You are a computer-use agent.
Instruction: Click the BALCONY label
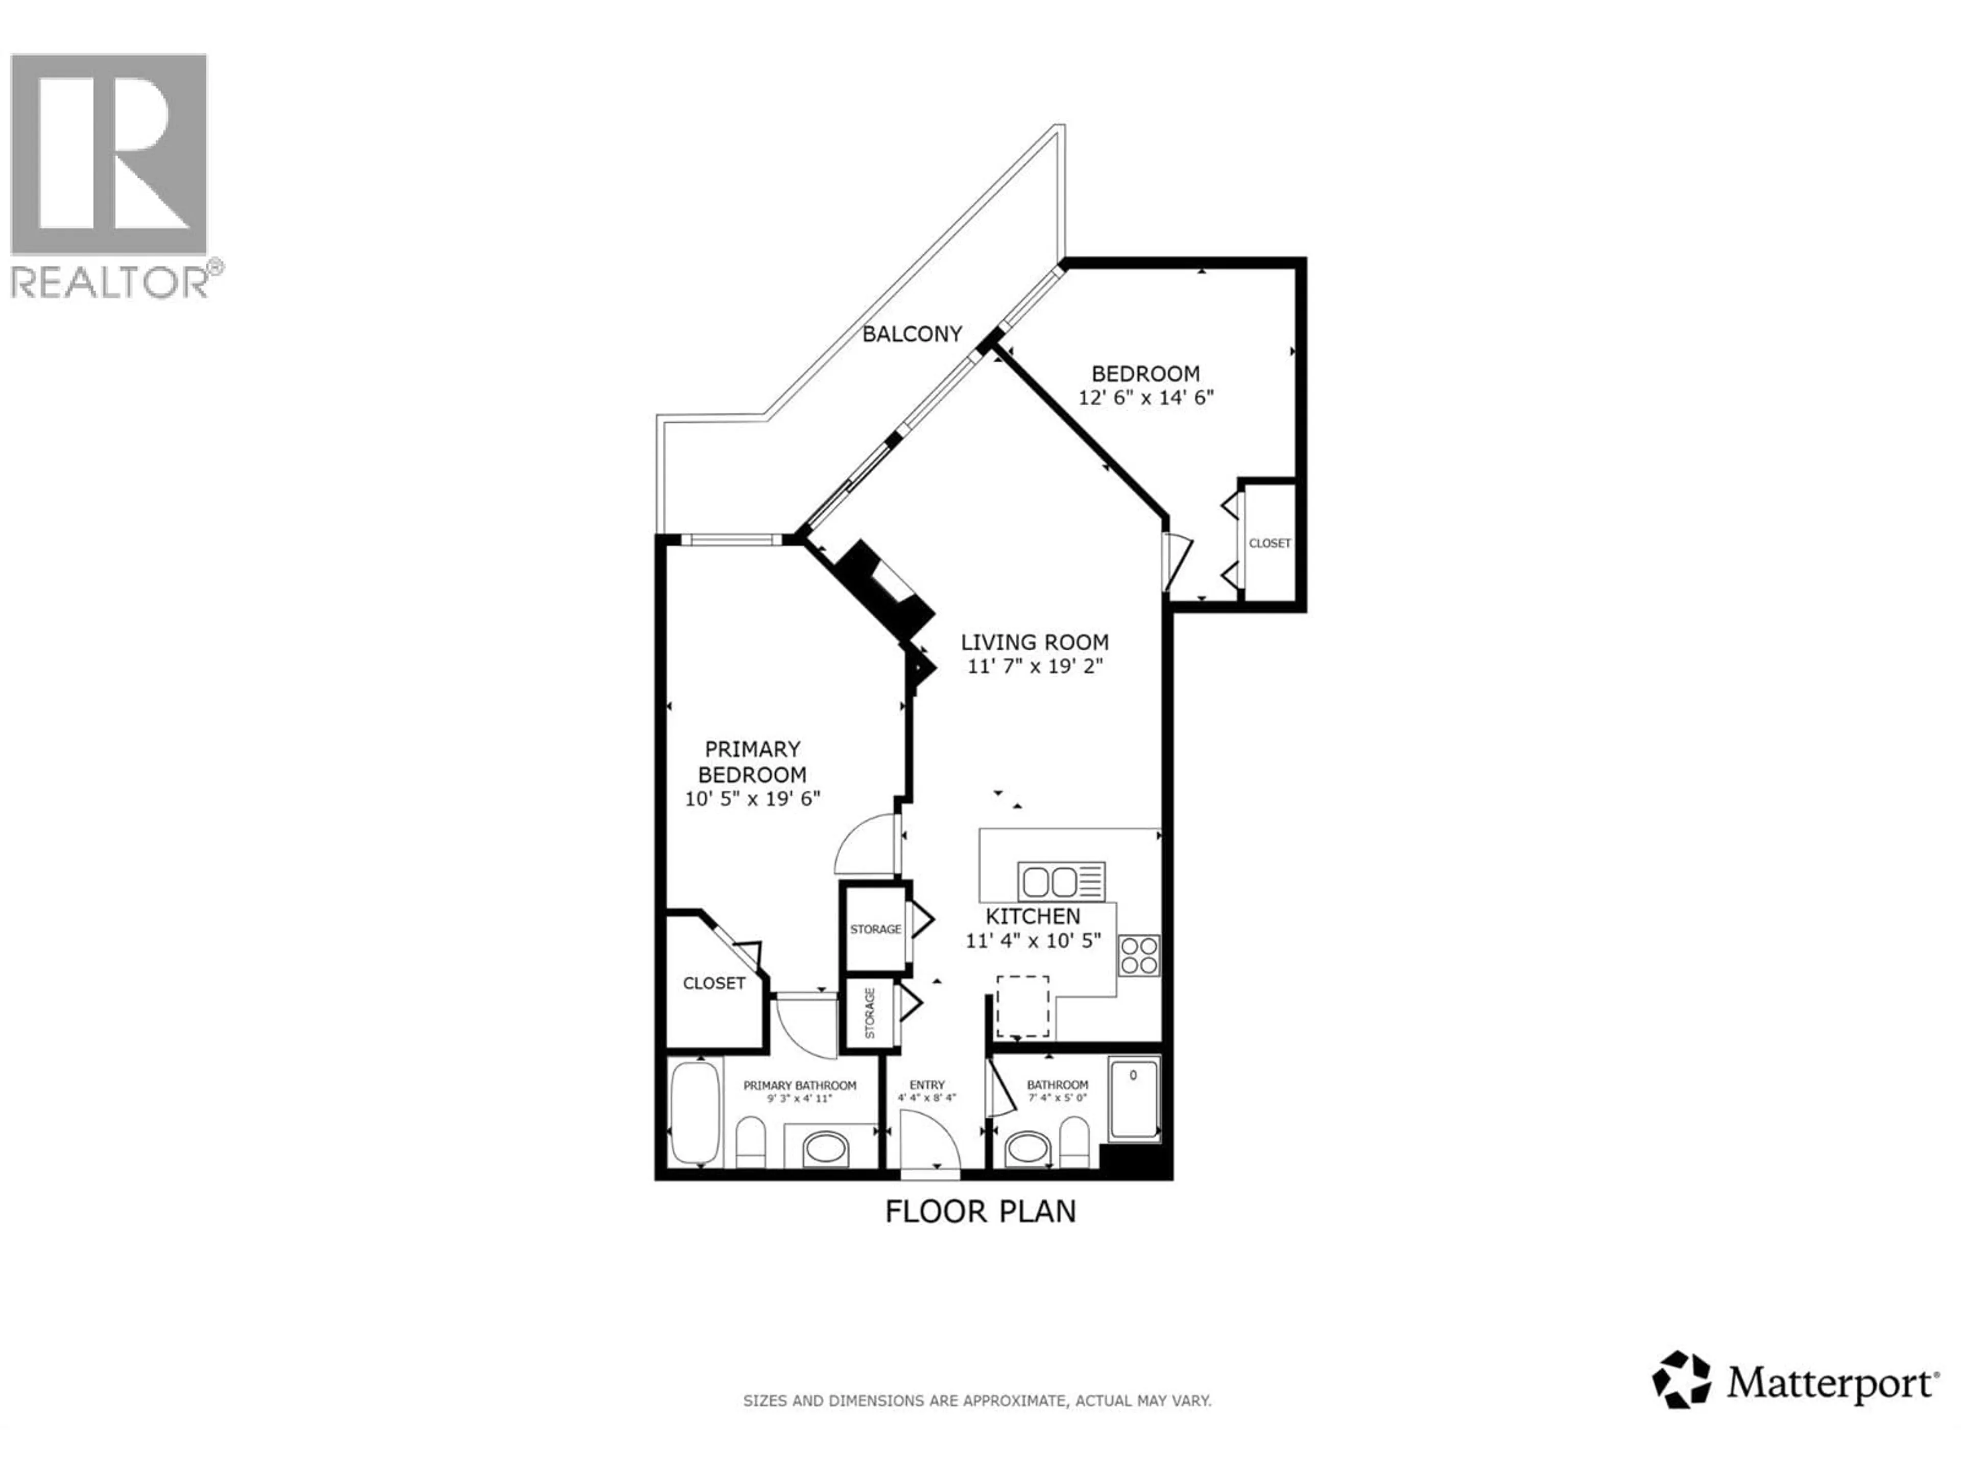pos(912,334)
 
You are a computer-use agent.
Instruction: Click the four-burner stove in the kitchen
pos(1138,956)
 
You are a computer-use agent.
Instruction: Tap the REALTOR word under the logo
pos(110,282)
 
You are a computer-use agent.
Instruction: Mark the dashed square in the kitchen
pos(1022,1006)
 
